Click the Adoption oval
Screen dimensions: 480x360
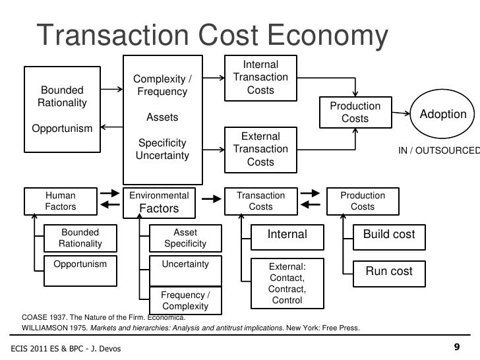(x=443, y=114)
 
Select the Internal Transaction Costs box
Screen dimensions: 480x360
(x=260, y=78)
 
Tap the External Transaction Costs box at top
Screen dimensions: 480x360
(x=260, y=149)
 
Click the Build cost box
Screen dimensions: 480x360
(x=389, y=235)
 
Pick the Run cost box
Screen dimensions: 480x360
(x=389, y=271)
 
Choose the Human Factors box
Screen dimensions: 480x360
(x=60, y=202)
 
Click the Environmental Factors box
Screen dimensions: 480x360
(x=159, y=202)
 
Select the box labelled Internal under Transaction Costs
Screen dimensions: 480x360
(x=287, y=235)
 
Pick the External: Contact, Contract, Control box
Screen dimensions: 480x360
(x=287, y=284)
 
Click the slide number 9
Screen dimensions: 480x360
(x=457, y=347)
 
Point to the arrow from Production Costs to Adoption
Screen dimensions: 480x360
(x=398, y=114)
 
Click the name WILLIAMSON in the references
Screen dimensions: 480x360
(x=50, y=328)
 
